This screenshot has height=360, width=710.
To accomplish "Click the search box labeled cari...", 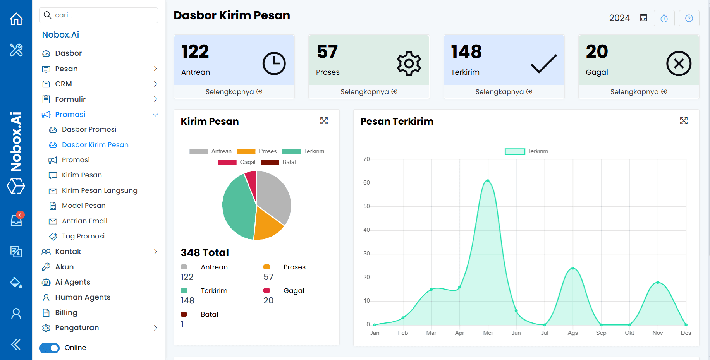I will click(x=99, y=15).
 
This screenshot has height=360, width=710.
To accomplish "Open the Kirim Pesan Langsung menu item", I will click(x=99, y=190).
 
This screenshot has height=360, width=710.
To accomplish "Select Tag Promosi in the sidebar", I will click(x=83, y=236).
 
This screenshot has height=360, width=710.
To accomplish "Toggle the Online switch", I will click(x=50, y=348).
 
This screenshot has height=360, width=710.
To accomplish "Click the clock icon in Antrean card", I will click(x=274, y=63).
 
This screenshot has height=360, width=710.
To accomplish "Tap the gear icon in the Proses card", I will click(x=409, y=63).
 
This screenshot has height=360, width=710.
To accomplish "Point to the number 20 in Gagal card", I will click(x=597, y=51).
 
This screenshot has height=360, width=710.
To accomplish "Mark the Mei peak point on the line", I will click(x=488, y=181).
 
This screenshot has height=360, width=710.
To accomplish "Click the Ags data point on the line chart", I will click(x=572, y=268).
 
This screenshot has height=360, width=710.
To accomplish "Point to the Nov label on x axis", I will click(x=657, y=333).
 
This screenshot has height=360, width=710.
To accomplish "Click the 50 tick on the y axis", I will click(x=366, y=206).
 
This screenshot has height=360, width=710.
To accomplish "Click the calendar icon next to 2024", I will click(x=643, y=18).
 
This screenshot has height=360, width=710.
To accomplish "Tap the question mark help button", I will click(x=689, y=18).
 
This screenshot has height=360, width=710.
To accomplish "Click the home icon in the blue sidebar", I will click(x=16, y=19).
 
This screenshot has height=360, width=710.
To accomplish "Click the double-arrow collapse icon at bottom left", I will click(x=16, y=344).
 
